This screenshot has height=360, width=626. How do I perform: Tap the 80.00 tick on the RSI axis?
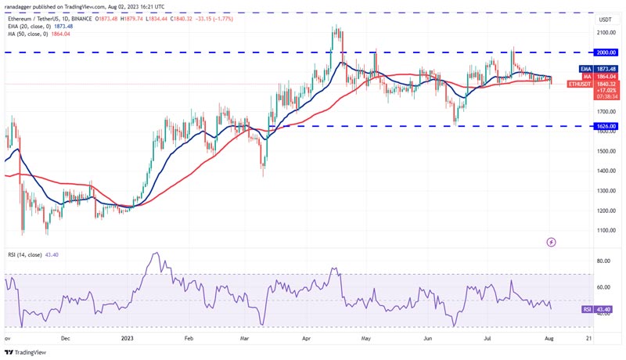[604, 261]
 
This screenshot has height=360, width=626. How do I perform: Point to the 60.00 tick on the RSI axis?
[604, 287]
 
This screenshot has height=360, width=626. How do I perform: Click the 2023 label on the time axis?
[127, 340]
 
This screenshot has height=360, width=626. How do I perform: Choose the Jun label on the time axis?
[427, 340]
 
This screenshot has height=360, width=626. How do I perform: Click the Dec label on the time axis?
[66, 340]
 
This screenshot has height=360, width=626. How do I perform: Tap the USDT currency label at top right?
[605, 20]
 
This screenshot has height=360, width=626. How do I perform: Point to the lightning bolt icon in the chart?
[552, 243]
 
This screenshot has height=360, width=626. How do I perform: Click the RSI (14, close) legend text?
[31, 255]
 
